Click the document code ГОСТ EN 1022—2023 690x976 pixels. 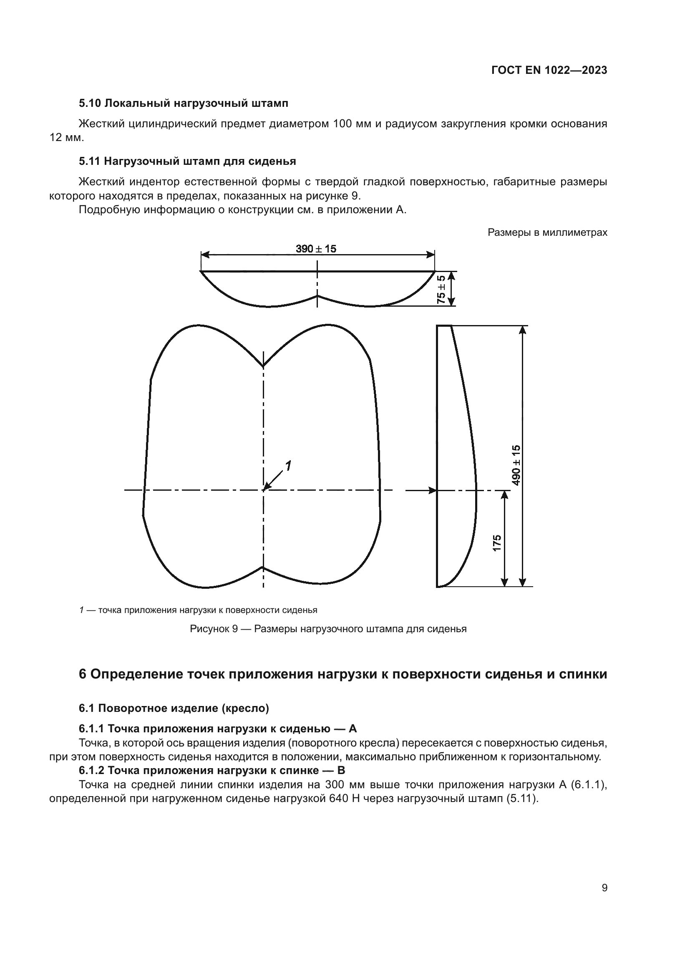[549, 71]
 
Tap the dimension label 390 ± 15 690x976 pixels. [316, 249]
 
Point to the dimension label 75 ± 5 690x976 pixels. [441, 289]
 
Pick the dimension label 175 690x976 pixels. [497, 543]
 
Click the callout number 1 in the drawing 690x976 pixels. [288, 467]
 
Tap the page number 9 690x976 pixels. [604, 888]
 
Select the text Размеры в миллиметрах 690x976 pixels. [547, 232]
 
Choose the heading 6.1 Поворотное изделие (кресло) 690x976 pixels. [174, 708]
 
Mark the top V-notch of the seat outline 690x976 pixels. [263, 365]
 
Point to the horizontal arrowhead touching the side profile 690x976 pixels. [433, 491]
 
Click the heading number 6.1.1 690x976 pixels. [91, 729]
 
